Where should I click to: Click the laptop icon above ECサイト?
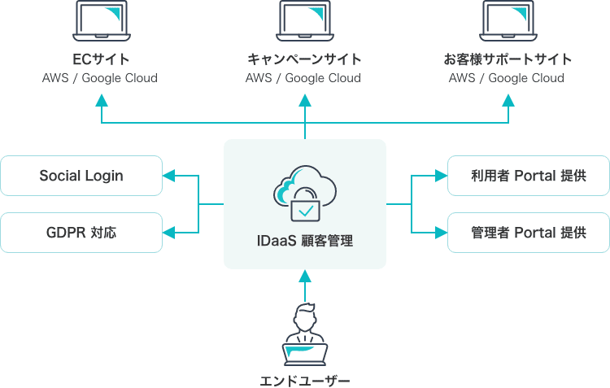click(x=101, y=21)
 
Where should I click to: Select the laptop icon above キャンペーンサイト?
click(x=304, y=21)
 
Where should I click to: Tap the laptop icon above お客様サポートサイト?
click(x=508, y=21)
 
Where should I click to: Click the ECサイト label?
click(x=101, y=59)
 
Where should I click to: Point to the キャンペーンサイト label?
click(x=304, y=59)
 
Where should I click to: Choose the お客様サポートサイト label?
click(x=508, y=59)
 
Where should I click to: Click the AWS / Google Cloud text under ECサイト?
click(x=101, y=78)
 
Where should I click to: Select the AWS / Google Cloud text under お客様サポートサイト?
click(x=508, y=78)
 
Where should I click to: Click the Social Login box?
click(x=81, y=176)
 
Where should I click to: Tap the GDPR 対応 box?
click(x=81, y=233)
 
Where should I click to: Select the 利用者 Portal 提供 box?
click(x=529, y=176)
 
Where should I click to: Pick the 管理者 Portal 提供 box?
click(x=529, y=233)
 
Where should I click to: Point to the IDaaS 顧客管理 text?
click(x=305, y=242)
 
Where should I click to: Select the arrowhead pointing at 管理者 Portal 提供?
click(x=441, y=233)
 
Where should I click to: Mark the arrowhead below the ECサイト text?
click(x=101, y=100)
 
